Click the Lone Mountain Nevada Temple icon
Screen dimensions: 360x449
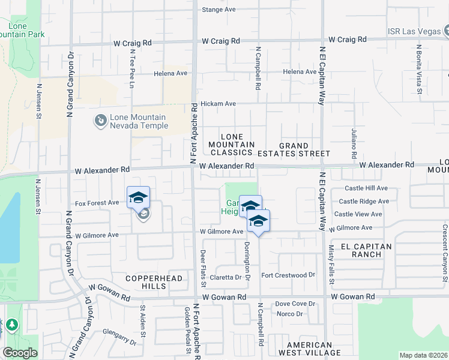pos(100,122)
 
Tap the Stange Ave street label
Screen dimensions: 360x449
pos(219,10)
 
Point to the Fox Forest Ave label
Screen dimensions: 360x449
pos(97,203)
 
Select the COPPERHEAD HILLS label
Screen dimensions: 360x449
pos(146,282)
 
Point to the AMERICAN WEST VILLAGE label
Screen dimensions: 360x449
pos(309,349)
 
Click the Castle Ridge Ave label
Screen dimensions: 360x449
pos(364,201)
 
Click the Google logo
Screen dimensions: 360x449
pos(20,353)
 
